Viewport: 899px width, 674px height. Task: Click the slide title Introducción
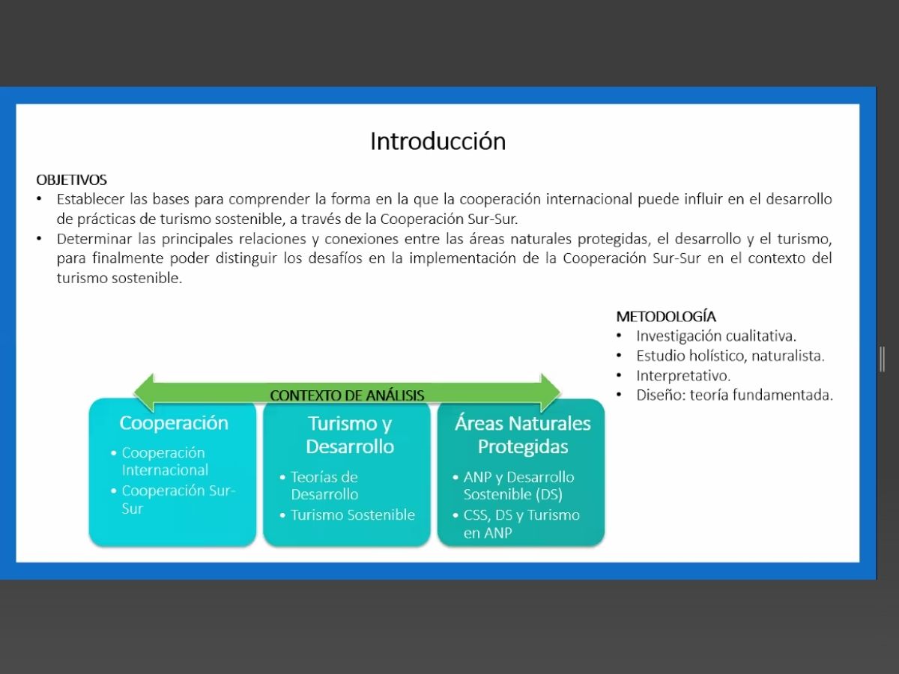click(x=438, y=142)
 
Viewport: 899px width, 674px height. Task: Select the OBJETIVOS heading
click(x=72, y=180)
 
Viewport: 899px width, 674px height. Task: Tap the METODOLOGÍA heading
click(x=666, y=316)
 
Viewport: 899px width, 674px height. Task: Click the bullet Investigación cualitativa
click(x=716, y=336)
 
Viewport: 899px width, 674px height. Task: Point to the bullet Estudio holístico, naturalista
click(x=730, y=356)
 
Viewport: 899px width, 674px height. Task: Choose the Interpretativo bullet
click(x=683, y=375)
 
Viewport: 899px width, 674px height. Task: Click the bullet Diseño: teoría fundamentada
click(x=735, y=395)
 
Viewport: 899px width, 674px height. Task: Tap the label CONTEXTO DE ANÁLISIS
click(x=347, y=395)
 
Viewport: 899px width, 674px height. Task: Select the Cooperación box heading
click(x=174, y=422)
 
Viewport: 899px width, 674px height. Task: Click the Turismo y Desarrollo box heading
click(x=350, y=434)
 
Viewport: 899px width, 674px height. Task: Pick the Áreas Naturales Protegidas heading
click(x=523, y=434)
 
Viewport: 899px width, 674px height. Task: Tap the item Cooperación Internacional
click(x=165, y=461)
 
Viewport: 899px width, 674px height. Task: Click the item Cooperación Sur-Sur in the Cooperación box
click(x=178, y=500)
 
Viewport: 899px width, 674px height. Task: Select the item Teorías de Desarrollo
click(x=324, y=486)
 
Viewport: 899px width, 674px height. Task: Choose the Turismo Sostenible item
click(x=353, y=514)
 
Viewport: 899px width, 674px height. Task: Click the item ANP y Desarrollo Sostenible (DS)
click(x=519, y=486)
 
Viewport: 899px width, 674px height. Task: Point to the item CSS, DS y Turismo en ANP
click(x=521, y=523)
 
